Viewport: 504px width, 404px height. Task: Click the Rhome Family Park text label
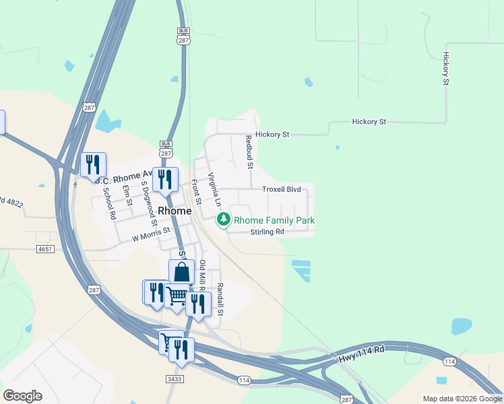(x=274, y=220)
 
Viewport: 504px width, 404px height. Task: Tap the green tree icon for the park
(x=223, y=220)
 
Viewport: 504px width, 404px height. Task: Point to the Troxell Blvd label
(x=281, y=190)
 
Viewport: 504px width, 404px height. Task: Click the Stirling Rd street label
(x=267, y=232)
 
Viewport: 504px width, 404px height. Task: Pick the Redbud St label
(x=249, y=151)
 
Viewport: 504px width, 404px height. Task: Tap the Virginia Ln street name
(x=214, y=189)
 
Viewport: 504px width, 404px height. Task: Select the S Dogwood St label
(x=149, y=203)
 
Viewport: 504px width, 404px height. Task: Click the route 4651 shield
(x=45, y=249)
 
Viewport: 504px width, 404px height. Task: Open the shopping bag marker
(x=181, y=273)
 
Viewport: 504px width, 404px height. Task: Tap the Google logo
(x=22, y=396)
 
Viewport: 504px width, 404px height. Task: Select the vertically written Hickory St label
(x=446, y=69)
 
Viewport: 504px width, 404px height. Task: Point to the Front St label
(x=197, y=191)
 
